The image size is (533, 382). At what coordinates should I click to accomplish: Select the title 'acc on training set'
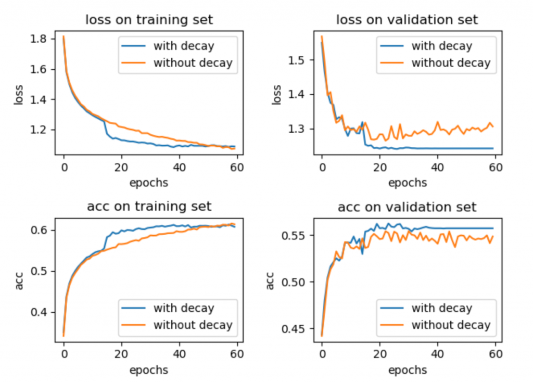(x=149, y=207)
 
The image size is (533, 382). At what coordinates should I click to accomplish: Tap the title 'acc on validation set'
(x=407, y=207)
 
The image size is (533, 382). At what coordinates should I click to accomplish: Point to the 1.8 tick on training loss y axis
(x=40, y=39)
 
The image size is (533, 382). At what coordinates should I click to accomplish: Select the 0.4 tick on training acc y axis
(x=40, y=312)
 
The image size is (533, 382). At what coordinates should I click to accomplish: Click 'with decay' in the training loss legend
(x=183, y=46)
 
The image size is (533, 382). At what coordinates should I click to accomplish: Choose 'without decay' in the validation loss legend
(x=451, y=63)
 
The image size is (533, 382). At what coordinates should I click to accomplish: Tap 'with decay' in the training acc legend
(x=183, y=308)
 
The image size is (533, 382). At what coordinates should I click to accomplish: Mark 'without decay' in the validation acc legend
(x=451, y=325)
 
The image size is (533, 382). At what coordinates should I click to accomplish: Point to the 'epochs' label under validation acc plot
(x=407, y=370)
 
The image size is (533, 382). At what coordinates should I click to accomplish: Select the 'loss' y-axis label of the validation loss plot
(x=277, y=95)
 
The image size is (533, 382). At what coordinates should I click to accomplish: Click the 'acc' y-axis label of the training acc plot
(x=19, y=281)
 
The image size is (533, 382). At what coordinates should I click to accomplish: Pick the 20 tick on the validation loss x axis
(x=380, y=168)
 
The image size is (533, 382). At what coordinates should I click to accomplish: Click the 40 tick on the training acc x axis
(x=180, y=355)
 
